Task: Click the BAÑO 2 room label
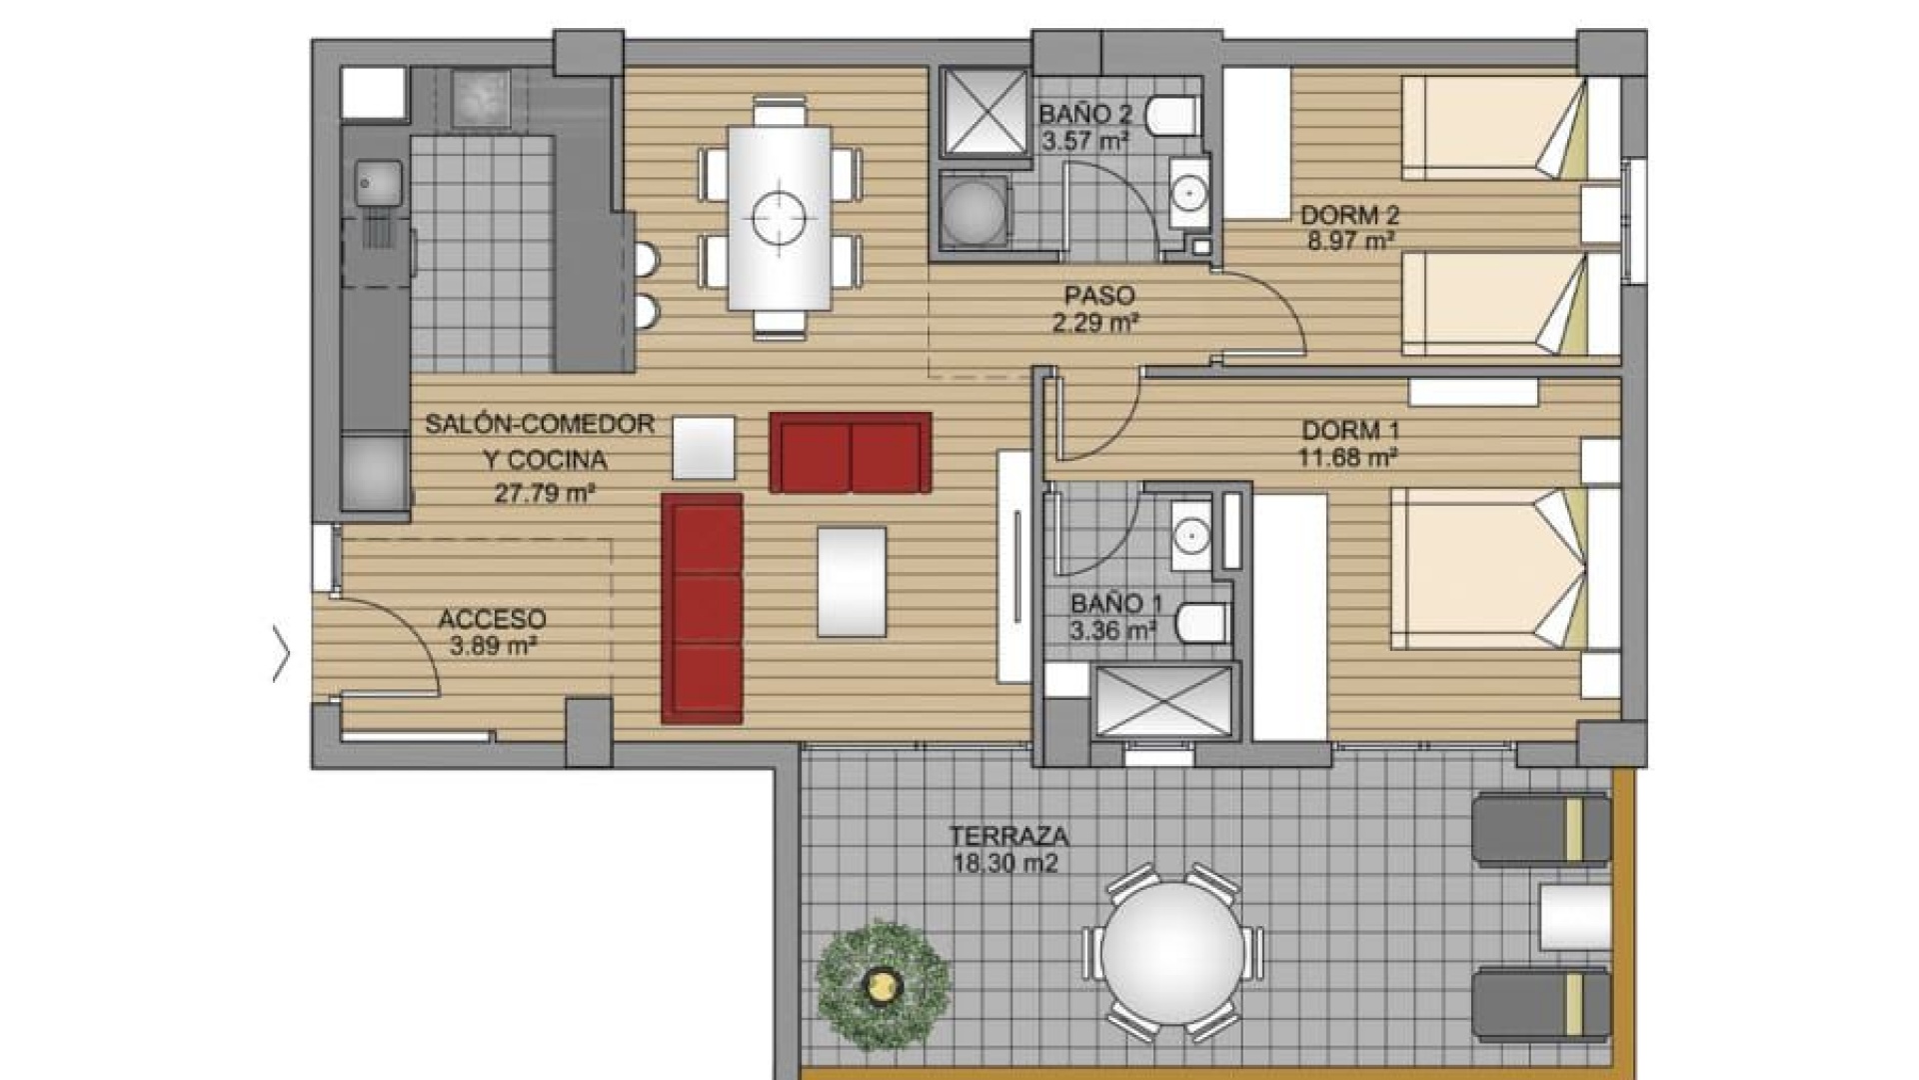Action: click(x=1084, y=114)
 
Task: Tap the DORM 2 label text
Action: click(x=1349, y=215)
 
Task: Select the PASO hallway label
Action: click(x=1099, y=296)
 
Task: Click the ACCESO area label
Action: click(x=492, y=619)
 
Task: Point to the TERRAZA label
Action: click(x=1009, y=835)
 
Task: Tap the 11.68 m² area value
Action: click(x=1348, y=458)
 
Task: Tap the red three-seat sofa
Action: click(x=703, y=608)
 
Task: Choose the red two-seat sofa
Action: click(x=851, y=452)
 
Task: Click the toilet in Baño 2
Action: click(x=1171, y=116)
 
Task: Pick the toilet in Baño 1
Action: click(x=1202, y=623)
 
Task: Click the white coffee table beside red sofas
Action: click(x=704, y=447)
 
